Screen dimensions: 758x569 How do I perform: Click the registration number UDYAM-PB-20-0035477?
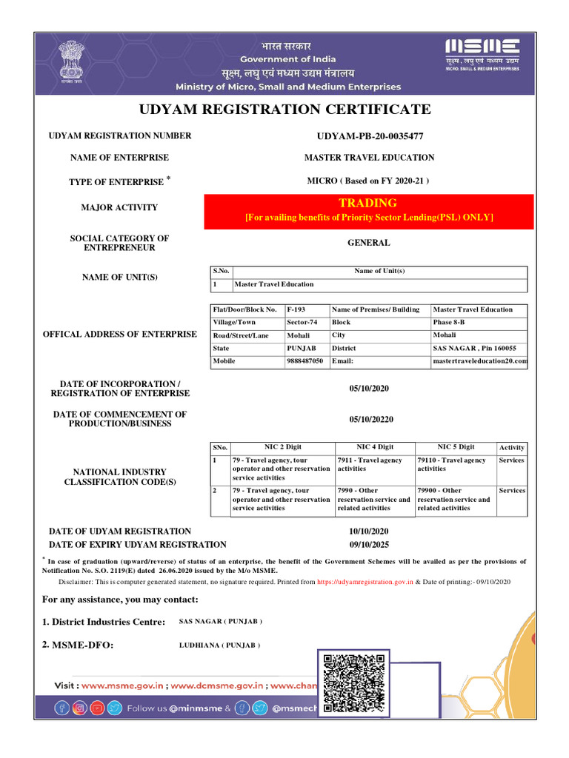370,136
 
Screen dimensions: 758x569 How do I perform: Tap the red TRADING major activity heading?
368,203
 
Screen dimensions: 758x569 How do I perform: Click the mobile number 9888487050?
305,362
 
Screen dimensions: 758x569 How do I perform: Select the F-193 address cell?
296,309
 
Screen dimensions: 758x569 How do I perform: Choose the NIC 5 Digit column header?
456,447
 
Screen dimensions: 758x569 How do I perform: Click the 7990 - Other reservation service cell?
373,500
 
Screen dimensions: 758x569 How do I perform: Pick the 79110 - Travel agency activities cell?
452,464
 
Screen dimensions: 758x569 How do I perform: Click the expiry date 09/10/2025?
368,544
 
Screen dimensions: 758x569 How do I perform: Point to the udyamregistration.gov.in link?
365,583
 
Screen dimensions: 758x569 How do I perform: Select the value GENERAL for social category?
368,243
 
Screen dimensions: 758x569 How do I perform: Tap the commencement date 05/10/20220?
371,420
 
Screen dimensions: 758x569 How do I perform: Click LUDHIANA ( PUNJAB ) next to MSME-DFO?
219,645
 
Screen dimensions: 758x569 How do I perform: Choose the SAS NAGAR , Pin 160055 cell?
475,349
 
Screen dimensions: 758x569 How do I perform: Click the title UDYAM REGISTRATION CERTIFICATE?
284,110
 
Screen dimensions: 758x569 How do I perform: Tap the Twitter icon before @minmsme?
114,708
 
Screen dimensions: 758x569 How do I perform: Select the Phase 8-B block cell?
451,323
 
